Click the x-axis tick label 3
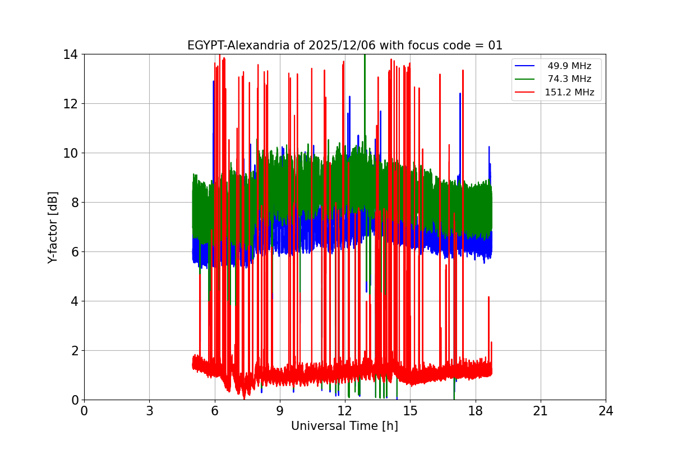click(x=149, y=411)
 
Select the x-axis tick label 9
click(x=280, y=411)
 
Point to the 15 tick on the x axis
click(x=410, y=411)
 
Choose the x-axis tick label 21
click(x=541, y=411)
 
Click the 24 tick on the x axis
click(x=606, y=411)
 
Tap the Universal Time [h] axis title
click(x=344, y=426)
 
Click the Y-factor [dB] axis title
click(x=53, y=227)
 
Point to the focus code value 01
click(x=495, y=45)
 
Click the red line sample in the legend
click(x=526, y=93)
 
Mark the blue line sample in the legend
click(x=526, y=66)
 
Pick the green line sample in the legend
click(x=526, y=79)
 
